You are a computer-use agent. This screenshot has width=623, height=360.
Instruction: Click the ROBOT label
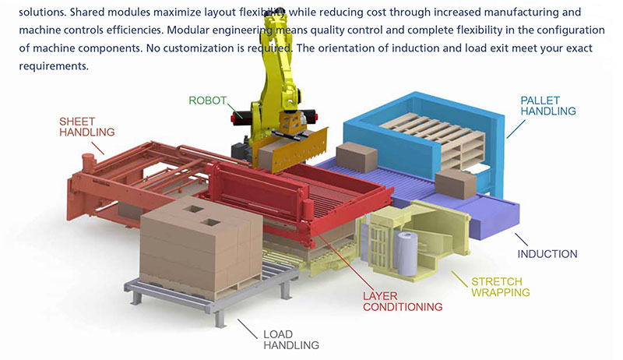coord(208,101)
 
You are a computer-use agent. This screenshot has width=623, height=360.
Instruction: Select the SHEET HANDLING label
coord(87,127)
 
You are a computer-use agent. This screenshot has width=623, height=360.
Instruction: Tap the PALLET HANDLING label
coord(547,105)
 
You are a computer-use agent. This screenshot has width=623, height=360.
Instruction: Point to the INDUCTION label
coord(547,254)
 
